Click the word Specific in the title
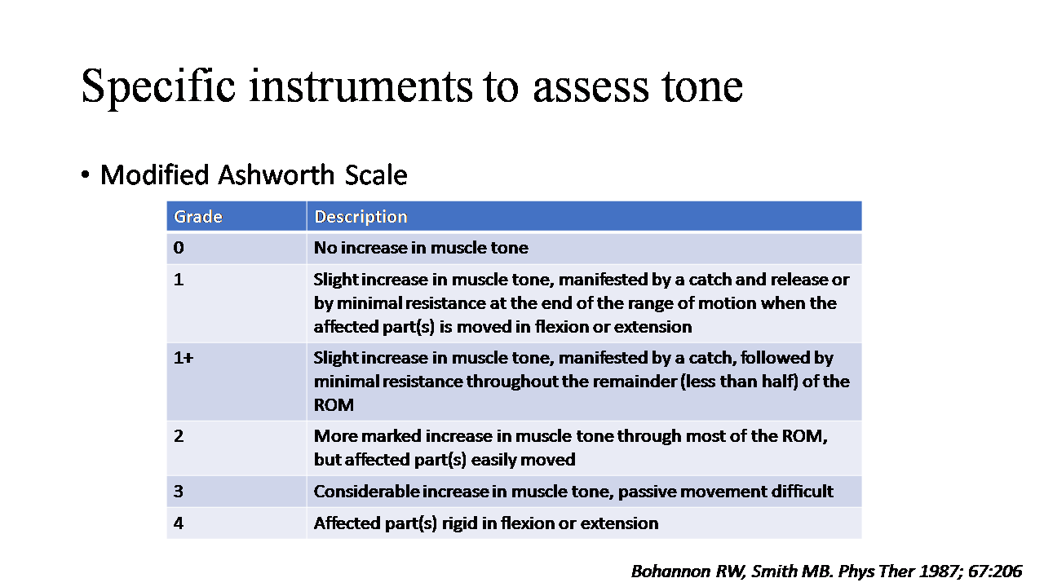click(158, 86)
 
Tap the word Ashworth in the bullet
click(276, 175)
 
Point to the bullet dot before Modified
click(85, 175)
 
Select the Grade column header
click(197, 217)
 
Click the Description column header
click(361, 217)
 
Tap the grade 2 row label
click(179, 436)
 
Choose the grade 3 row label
click(179, 492)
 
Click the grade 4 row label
click(179, 523)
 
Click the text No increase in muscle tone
click(422, 248)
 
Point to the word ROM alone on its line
click(334, 405)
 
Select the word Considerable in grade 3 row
click(367, 492)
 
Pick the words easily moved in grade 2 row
click(524, 461)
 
